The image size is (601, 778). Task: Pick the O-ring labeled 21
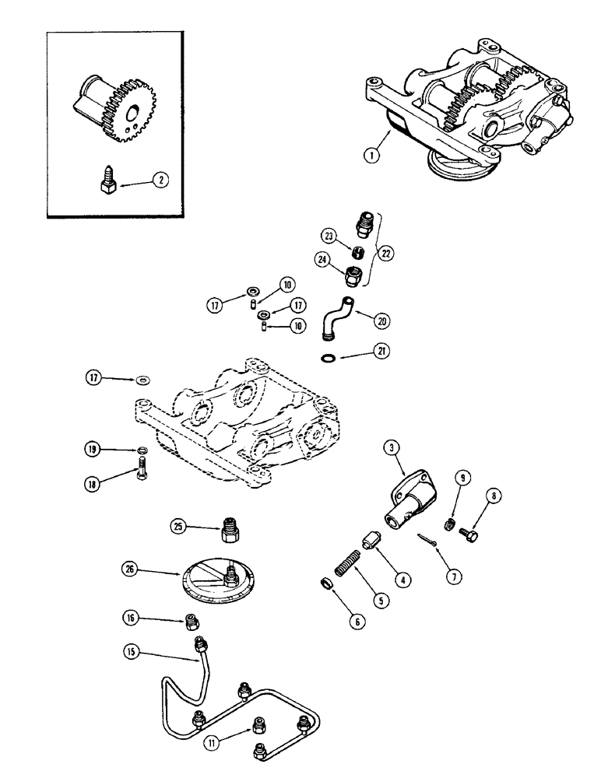pos(331,358)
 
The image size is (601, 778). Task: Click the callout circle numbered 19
pos(93,450)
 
